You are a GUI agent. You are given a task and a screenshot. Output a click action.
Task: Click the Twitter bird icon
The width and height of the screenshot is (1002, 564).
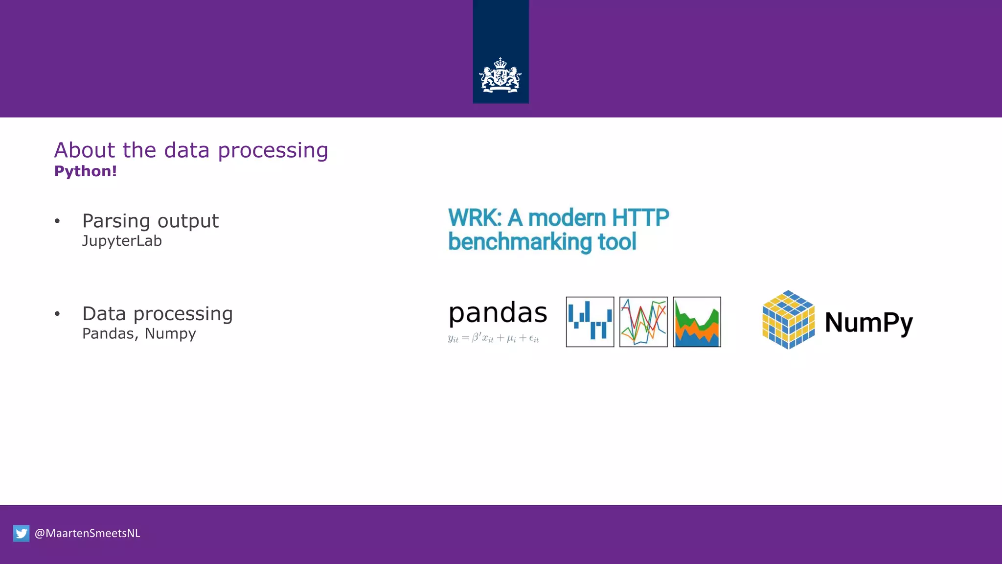[x=21, y=533]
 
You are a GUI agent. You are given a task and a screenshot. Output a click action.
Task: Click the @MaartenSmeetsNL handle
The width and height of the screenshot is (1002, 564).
[x=87, y=533]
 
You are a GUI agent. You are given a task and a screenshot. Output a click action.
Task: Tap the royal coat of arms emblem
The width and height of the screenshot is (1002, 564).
[x=500, y=76]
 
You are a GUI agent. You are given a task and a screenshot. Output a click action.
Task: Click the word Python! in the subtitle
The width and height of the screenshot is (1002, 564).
[x=85, y=171]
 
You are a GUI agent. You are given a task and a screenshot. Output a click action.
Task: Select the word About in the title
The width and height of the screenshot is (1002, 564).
[x=85, y=150]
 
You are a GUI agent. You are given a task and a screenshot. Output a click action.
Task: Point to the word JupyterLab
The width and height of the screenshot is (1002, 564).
[x=121, y=241]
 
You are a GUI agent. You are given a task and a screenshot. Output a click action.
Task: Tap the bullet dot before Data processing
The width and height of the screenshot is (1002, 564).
[x=57, y=314]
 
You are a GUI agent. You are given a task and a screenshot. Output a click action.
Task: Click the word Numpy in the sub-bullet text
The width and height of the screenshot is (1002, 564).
[x=170, y=333]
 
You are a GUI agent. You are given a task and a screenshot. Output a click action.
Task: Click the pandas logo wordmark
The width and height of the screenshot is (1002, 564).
[x=497, y=313]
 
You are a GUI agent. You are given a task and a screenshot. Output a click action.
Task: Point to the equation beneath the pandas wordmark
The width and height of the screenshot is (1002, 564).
[x=493, y=338]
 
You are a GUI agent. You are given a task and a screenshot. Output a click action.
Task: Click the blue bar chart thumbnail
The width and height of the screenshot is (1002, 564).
[x=590, y=322]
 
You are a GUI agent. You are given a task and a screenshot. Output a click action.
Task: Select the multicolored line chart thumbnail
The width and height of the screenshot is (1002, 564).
[x=643, y=322]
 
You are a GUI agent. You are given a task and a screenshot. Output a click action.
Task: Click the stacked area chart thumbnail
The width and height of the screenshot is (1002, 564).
[x=697, y=322]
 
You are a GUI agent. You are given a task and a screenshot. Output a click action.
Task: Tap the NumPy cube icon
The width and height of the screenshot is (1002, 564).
[x=788, y=320]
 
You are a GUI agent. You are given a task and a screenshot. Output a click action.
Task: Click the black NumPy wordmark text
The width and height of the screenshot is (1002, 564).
[x=868, y=323]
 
